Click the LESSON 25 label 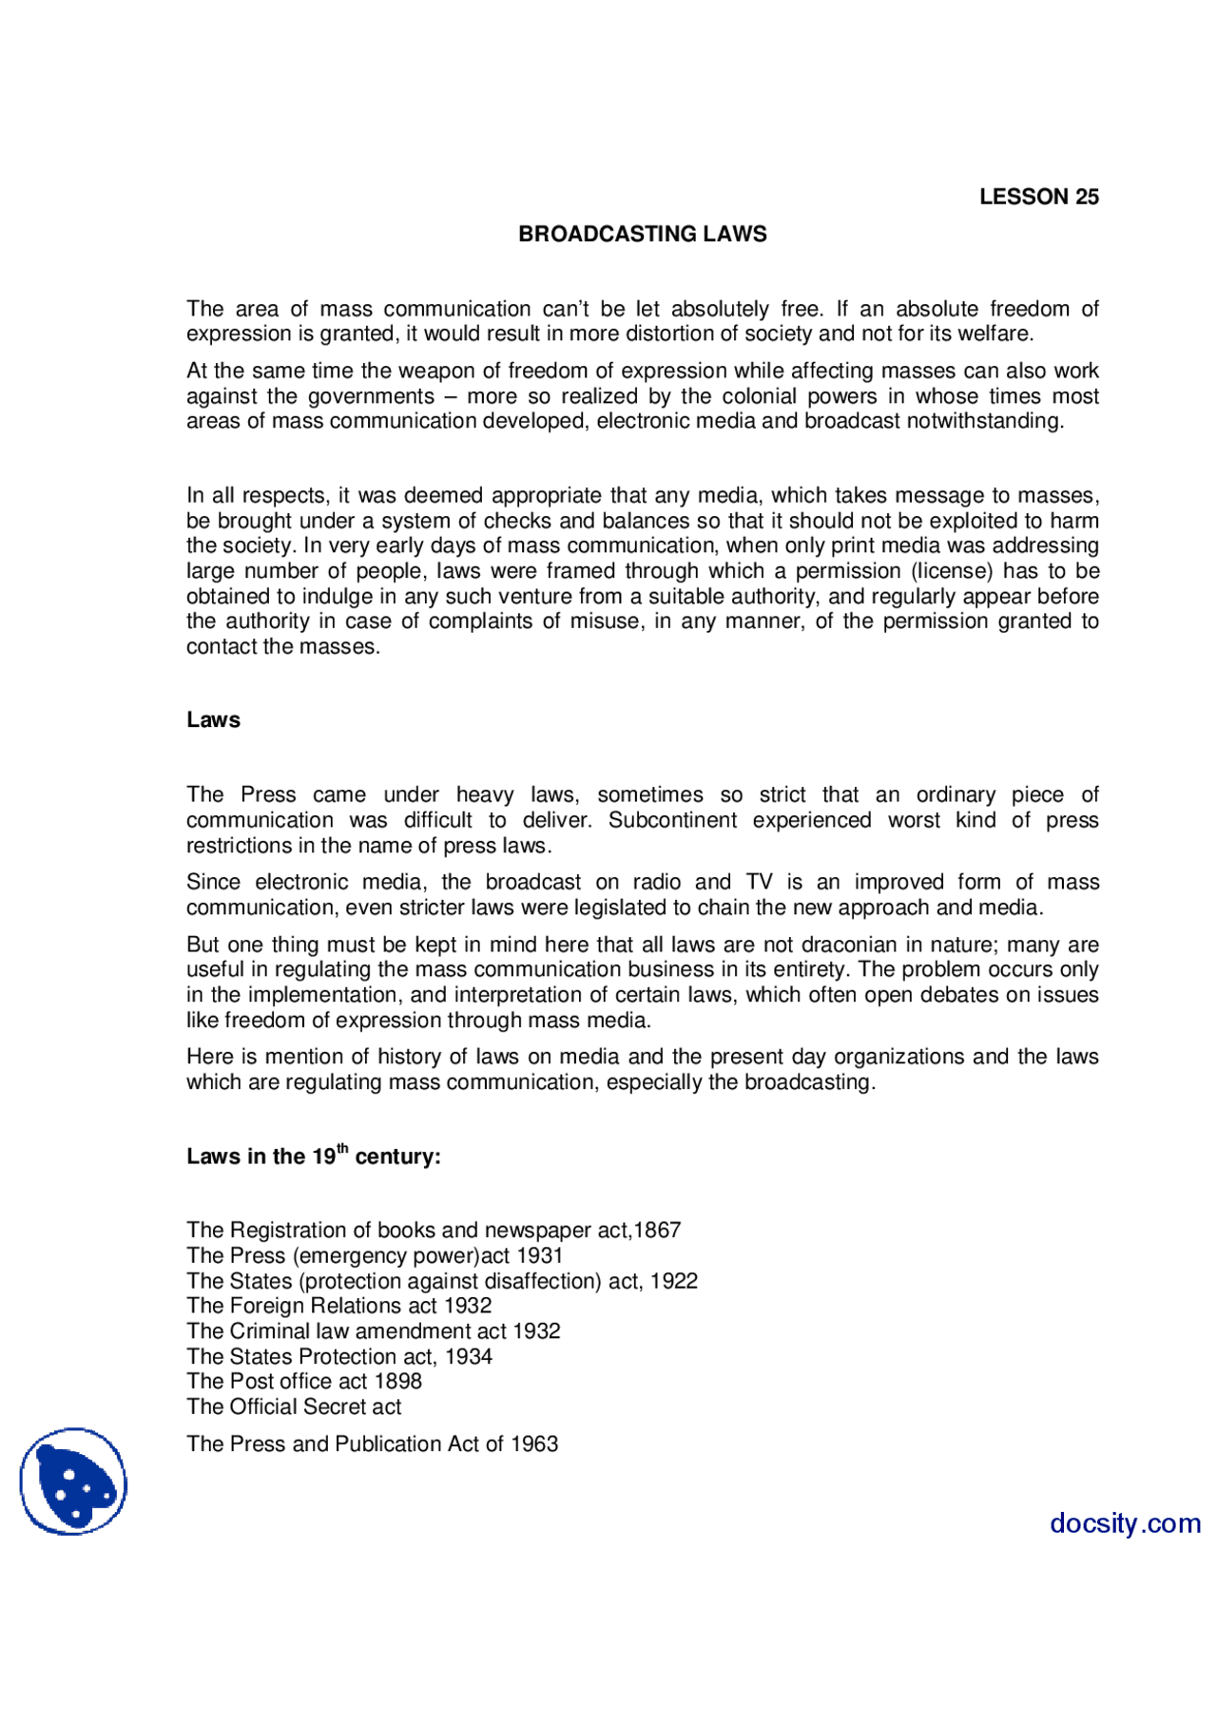(1038, 197)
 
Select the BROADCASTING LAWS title (642, 234)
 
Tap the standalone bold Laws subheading (213, 720)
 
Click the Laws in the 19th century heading (314, 1156)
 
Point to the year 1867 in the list (657, 1231)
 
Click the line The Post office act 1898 (304, 1382)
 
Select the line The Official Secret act (294, 1407)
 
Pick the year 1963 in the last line (534, 1444)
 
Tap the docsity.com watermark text (1125, 1523)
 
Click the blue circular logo (73, 1481)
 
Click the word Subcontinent (672, 820)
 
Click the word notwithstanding (984, 421)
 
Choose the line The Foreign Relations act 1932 (339, 1306)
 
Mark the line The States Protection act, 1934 (339, 1357)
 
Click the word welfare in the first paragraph (995, 334)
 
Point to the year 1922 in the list (674, 1281)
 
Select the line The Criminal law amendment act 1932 (374, 1331)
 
